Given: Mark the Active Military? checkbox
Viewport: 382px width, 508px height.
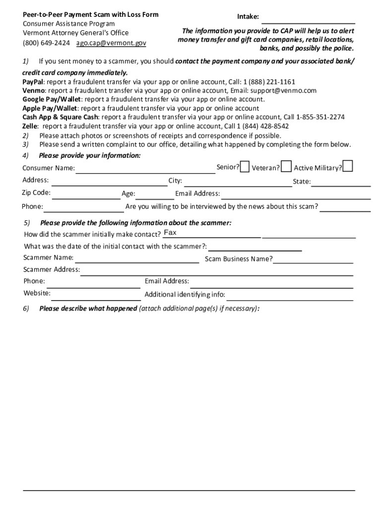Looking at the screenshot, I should click(348, 166).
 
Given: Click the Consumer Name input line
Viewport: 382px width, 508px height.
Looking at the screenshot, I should click(145, 169).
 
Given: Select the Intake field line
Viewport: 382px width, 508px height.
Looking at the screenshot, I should click(308, 19).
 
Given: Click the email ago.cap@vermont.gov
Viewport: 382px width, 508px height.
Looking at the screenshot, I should click(111, 43).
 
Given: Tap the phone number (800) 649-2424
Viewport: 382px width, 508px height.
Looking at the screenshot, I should click(46, 43).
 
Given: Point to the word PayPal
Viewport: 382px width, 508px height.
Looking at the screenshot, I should click(33, 82).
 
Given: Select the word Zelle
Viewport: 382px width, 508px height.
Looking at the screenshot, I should click(30, 126).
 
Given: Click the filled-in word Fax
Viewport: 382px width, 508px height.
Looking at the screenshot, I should click(170, 233).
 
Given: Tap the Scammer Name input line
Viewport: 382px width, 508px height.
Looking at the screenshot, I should click(137, 258).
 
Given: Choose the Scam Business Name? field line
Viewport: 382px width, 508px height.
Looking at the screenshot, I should click(313, 259).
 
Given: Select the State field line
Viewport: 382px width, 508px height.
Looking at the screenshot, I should click(341, 182).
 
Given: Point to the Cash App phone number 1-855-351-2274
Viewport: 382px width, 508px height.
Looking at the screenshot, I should click(320, 117).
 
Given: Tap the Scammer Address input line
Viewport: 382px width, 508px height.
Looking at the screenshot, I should click(216, 271).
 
